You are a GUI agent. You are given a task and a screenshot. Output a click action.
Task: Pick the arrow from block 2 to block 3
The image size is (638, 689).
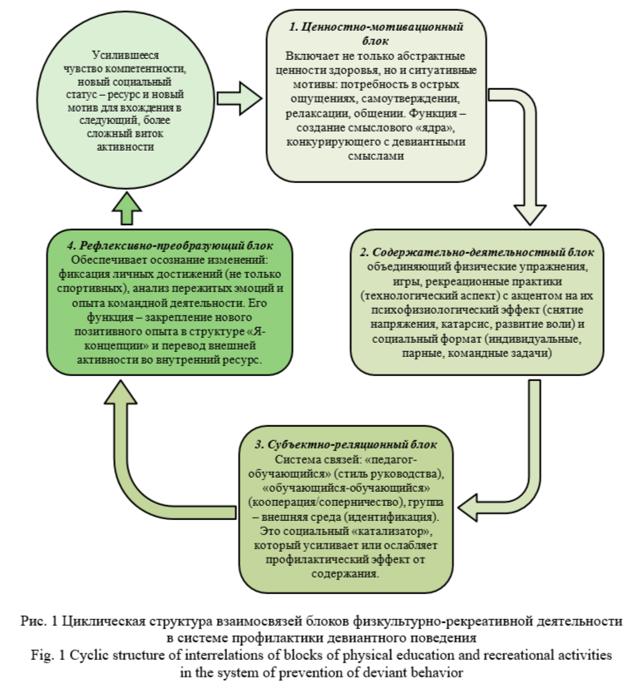pos(516,466)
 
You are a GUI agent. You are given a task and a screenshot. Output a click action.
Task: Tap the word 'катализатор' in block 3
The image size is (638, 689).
pos(390,529)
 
